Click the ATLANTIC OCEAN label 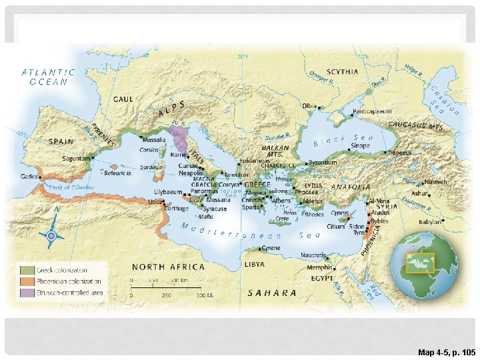coord(48,77)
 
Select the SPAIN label coord(61,141)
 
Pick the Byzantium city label coord(322,163)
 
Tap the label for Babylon coord(429,221)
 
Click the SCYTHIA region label coord(342,72)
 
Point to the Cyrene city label coord(271,248)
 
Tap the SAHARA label coord(272,293)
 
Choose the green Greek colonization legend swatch coord(27,270)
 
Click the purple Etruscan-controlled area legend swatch coord(27,293)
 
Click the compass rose coord(50,235)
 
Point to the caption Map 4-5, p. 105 coord(446,352)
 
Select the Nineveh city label coord(437,182)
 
